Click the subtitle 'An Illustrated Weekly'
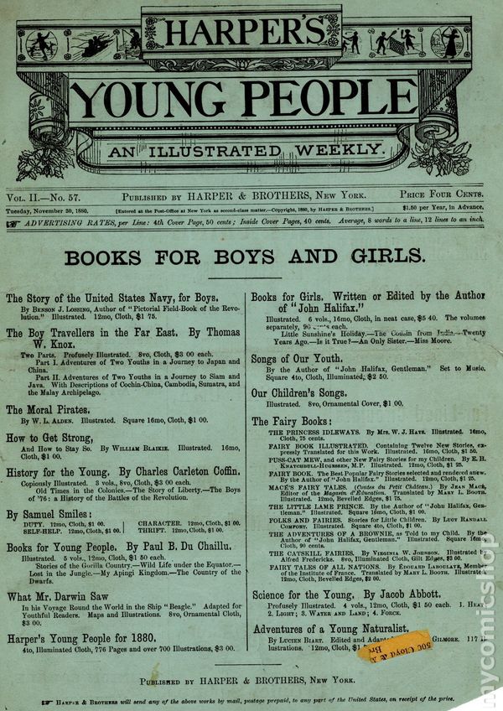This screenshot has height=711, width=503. point(250,150)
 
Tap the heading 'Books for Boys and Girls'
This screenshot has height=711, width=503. point(245,257)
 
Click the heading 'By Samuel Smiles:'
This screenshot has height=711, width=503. point(49,514)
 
